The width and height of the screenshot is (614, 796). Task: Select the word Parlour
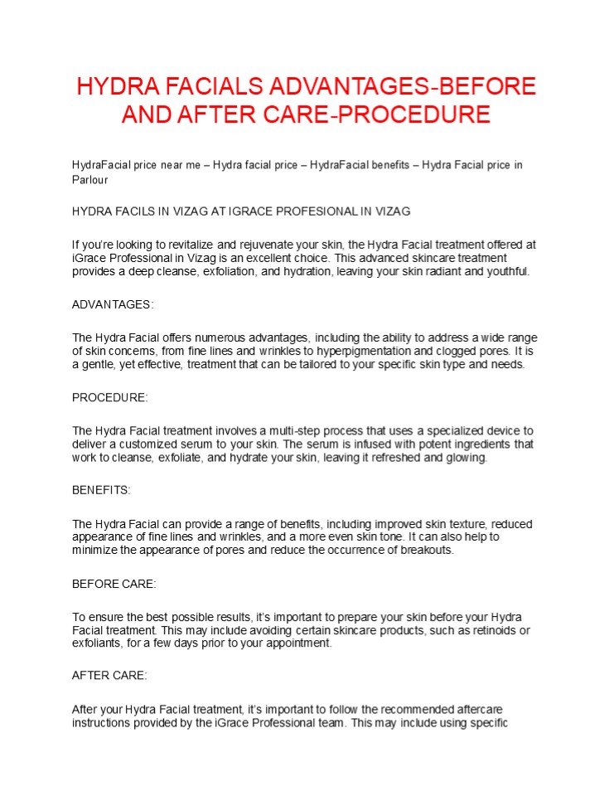(90, 179)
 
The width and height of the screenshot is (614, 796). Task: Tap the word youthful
(506, 271)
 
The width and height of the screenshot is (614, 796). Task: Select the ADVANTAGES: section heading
(113, 304)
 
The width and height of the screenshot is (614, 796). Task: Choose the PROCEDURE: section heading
(110, 398)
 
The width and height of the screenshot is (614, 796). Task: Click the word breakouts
(426, 550)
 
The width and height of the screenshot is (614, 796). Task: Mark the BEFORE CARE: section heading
(114, 584)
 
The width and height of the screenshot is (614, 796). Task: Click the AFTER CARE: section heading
(109, 676)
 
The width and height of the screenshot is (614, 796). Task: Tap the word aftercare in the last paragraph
(479, 710)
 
